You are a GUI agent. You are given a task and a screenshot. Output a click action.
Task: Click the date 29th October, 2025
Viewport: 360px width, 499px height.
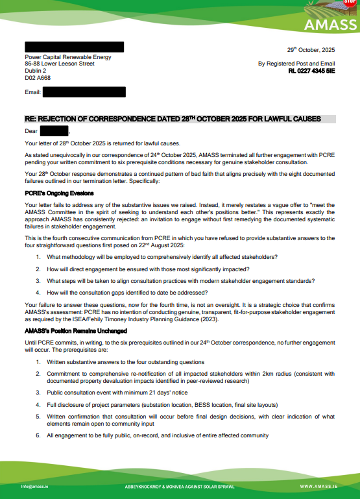[311, 50]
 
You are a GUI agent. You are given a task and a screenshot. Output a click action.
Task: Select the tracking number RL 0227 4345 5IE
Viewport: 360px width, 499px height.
[312, 71]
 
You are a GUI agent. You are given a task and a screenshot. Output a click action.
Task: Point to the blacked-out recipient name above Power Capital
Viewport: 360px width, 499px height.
[74, 47]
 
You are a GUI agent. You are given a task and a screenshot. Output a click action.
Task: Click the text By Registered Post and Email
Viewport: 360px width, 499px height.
[296, 64]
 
